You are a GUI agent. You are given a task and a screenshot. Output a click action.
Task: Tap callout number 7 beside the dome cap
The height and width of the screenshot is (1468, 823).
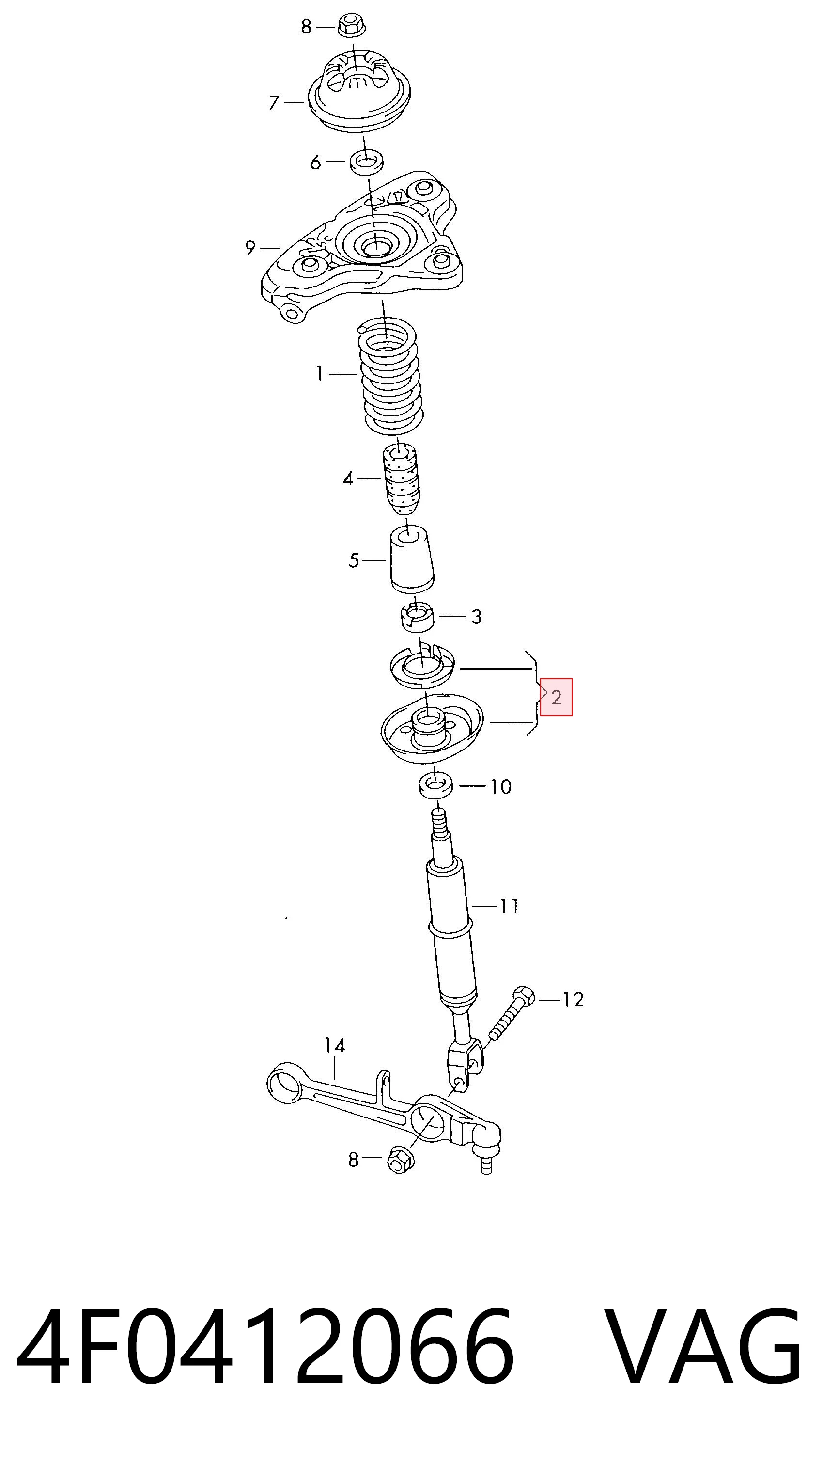[275, 103]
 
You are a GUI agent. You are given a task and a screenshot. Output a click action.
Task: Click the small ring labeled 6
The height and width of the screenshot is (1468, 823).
[366, 162]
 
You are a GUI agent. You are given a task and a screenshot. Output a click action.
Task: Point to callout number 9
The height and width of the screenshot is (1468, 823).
[250, 248]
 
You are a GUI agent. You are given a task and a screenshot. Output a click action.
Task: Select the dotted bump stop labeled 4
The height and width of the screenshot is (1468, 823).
[401, 478]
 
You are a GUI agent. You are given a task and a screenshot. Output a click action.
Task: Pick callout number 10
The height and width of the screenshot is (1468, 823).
[501, 786]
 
